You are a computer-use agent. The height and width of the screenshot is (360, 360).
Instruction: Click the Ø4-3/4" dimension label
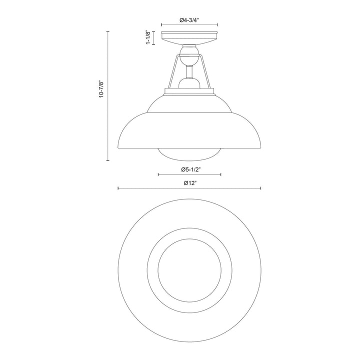coord(189,20)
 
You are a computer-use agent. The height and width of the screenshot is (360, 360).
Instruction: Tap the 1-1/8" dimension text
coord(148,38)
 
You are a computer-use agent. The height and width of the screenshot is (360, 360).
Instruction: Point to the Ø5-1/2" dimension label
coord(189,169)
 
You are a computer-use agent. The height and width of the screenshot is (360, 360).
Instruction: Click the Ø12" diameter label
coord(189,183)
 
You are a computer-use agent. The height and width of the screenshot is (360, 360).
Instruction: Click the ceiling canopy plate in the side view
coord(189,38)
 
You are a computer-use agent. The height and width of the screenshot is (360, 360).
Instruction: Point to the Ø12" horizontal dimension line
coord(150,188)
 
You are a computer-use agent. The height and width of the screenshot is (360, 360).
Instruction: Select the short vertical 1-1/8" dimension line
coord(154,38)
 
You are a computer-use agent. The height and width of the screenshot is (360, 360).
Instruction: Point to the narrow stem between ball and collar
coord(189,73)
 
